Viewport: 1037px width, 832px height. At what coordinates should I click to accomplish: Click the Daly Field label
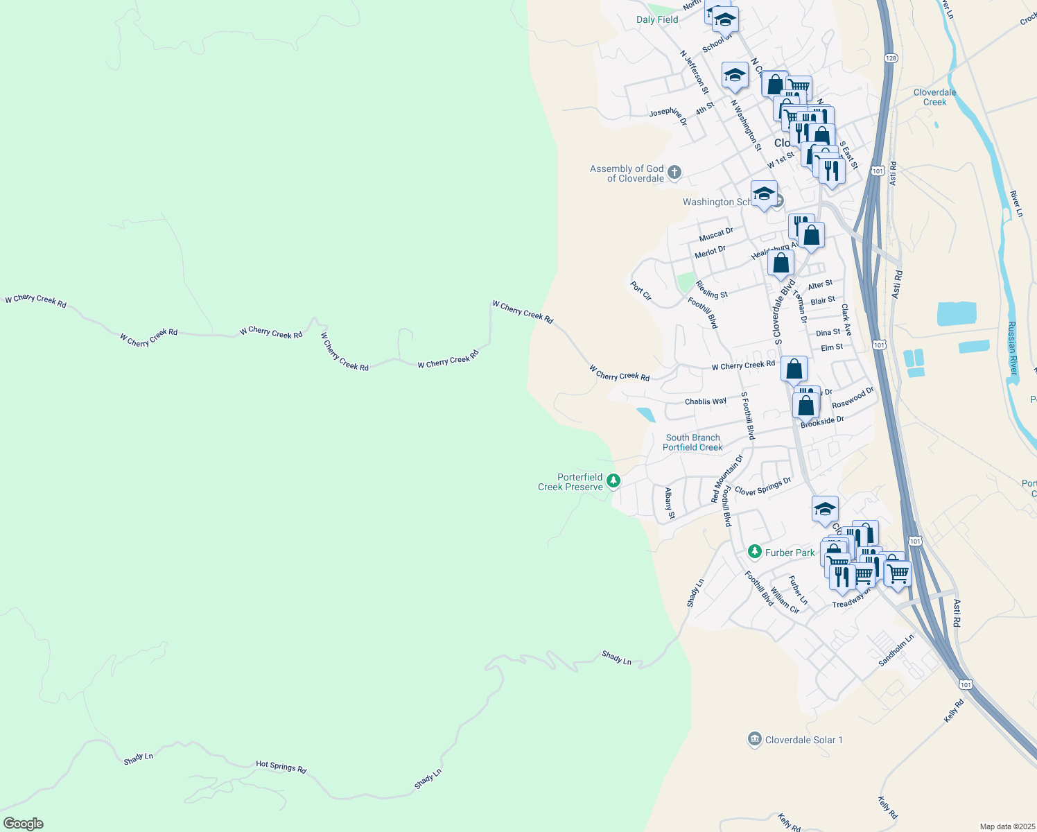[657, 19]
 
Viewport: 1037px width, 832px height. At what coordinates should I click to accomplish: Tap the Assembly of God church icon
[674, 173]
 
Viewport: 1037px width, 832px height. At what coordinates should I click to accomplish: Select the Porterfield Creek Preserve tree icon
[613, 480]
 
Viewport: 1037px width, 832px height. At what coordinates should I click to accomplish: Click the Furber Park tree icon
[755, 552]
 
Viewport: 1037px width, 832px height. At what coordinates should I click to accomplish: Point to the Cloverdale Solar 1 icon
[755, 740]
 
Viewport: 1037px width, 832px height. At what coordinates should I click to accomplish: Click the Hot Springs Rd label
[281, 766]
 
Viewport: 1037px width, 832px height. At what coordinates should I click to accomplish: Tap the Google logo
[24, 824]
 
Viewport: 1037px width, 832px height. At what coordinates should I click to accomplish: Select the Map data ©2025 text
[1007, 826]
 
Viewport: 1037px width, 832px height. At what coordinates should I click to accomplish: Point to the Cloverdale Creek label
[934, 97]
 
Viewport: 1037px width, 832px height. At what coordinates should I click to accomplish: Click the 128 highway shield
[891, 58]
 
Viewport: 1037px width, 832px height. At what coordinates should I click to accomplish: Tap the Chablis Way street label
[705, 401]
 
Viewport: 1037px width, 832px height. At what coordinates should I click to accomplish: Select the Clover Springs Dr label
[762, 487]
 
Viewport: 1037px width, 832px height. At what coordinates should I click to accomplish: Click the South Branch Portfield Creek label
[692, 442]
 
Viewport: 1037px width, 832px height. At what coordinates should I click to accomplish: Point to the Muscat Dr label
[716, 234]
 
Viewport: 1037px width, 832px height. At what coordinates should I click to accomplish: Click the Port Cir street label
[641, 291]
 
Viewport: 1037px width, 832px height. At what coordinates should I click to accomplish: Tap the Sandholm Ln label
[896, 650]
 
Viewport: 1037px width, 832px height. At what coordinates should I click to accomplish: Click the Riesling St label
[711, 290]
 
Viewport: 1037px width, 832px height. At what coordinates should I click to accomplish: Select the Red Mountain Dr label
[726, 479]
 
